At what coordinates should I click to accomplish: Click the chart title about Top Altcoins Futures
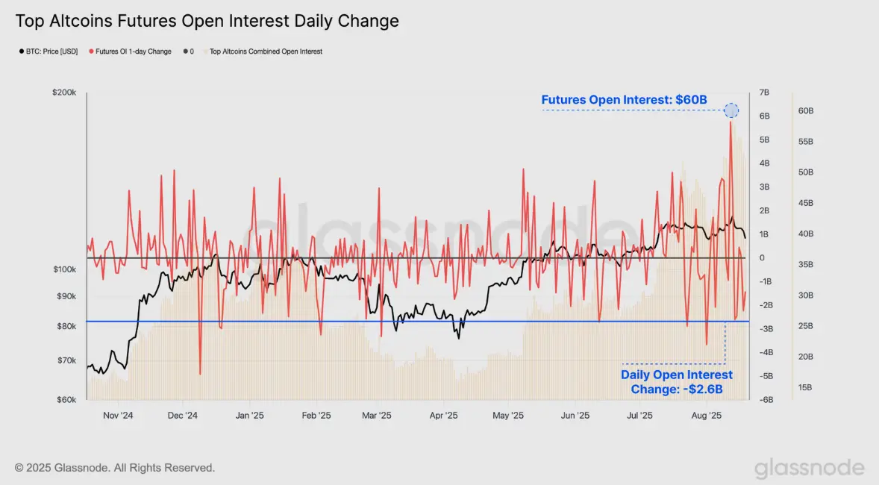207,21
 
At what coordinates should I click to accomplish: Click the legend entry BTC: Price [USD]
49,51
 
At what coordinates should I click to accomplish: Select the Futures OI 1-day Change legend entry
130,51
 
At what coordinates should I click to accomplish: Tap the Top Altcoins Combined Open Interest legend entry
263,51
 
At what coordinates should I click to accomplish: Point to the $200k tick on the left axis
64,93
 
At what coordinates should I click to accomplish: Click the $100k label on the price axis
64,269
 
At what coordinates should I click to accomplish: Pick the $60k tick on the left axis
66,400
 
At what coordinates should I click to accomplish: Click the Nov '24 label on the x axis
119,416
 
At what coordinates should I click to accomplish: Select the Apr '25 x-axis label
443,416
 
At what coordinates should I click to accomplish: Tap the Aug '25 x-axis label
707,416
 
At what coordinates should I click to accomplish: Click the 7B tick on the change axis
764,93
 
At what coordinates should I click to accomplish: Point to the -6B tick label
766,400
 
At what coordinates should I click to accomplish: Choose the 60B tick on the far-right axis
806,111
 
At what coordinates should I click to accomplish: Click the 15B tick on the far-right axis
805,387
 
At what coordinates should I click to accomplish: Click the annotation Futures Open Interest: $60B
624,100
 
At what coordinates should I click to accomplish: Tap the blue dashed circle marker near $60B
731,110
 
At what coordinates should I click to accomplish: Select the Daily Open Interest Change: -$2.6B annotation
677,382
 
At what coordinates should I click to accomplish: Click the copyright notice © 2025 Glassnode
115,468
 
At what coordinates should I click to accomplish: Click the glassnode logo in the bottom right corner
809,468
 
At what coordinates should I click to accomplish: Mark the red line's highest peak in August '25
731,122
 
